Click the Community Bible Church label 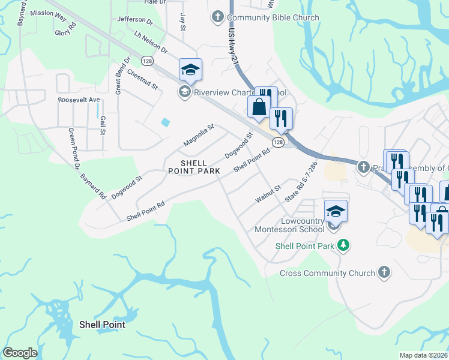pos(273,18)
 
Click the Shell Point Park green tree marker pos(343,245)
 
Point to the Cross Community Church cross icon pos(384,273)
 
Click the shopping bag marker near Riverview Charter pos(259,108)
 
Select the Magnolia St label pos(199,135)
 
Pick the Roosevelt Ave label pos(79,100)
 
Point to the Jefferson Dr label pos(136,20)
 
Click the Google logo pos(20,353)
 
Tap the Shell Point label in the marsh pos(102,325)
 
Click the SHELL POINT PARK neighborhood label pos(194,167)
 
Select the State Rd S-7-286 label pos(301,181)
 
